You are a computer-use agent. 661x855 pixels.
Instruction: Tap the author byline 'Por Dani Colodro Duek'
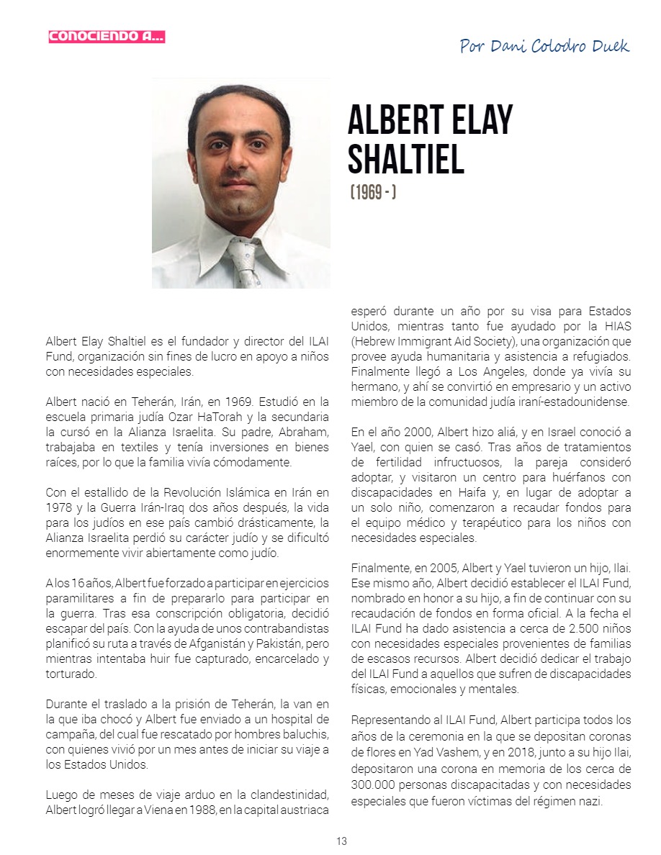pyautogui.click(x=544, y=47)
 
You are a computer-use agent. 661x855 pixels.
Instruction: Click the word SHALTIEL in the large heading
pyautogui.click(x=405, y=159)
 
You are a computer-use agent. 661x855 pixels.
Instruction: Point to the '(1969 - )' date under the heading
pyautogui.click(x=373, y=194)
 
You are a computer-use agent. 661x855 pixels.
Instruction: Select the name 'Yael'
pyautogui.click(x=365, y=447)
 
